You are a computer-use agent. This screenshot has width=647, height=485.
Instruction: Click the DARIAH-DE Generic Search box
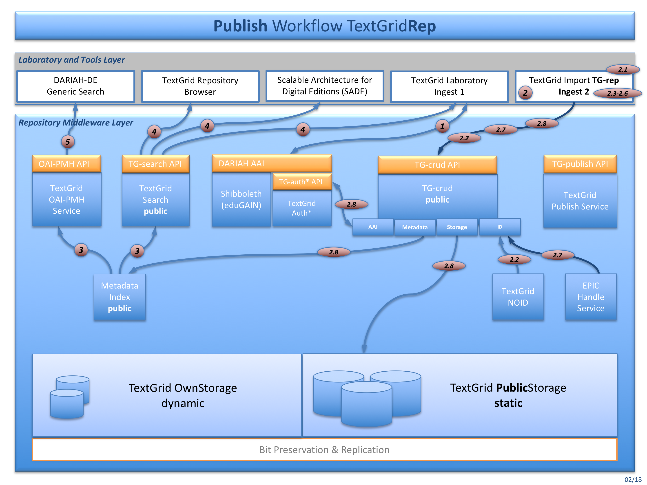pyautogui.click(x=75, y=86)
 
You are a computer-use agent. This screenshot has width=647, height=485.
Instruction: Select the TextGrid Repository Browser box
pyautogui.click(x=200, y=86)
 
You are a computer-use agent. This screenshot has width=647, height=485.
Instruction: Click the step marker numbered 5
pyautogui.click(x=68, y=142)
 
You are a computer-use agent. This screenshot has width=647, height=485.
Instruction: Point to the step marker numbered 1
pyautogui.click(x=442, y=126)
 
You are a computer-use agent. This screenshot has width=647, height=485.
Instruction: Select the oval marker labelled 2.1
pyautogui.click(x=623, y=70)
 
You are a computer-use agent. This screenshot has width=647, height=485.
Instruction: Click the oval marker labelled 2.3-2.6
pyautogui.click(x=617, y=93)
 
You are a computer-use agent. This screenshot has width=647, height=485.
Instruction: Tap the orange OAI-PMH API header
pyautogui.click(x=66, y=164)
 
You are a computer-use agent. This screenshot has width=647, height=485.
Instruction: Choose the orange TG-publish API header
pyautogui.click(x=580, y=164)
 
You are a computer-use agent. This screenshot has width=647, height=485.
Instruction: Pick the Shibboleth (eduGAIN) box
pyautogui.click(x=241, y=199)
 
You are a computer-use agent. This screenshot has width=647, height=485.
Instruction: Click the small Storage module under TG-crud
pyautogui.click(x=456, y=227)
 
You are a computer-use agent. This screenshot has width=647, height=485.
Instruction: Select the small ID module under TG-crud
pyautogui.click(x=500, y=227)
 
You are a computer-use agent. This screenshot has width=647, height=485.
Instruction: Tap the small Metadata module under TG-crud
pyautogui.click(x=414, y=227)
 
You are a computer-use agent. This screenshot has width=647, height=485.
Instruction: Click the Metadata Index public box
pyautogui.click(x=120, y=297)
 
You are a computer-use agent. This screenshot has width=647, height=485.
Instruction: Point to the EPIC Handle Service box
pyautogui.click(x=591, y=297)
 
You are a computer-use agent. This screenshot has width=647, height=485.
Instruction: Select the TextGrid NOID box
pyautogui.click(x=518, y=297)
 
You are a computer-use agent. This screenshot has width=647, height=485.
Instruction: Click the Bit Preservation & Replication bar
pyautogui.click(x=324, y=449)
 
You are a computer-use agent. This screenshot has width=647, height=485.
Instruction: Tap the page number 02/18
pyautogui.click(x=633, y=479)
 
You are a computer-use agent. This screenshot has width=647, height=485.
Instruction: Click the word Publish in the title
pyautogui.click(x=240, y=26)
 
